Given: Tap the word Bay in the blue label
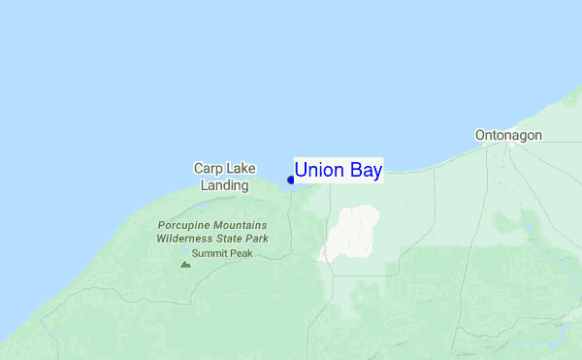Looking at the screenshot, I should pyautogui.click(x=365, y=171).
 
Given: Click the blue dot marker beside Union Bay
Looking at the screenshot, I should pyautogui.click(x=291, y=179).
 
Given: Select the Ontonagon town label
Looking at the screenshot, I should pyautogui.click(x=508, y=135).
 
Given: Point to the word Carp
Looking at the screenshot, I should pyautogui.click(x=210, y=168).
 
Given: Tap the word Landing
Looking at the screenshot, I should pyautogui.click(x=225, y=184).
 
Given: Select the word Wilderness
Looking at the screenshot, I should pyautogui.click(x=189, y=238).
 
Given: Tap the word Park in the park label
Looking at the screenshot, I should pyautogui.click(x=259, y=238).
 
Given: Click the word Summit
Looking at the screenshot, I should pyautogui.click(x=210, y=253).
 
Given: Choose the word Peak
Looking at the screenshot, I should pyautogui.click(x=241, y=253).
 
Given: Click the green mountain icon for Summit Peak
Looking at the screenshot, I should pyautogui.click(x=185, y=262).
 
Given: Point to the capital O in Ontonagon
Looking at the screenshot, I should pyautogui.click(x=480, y=135).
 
